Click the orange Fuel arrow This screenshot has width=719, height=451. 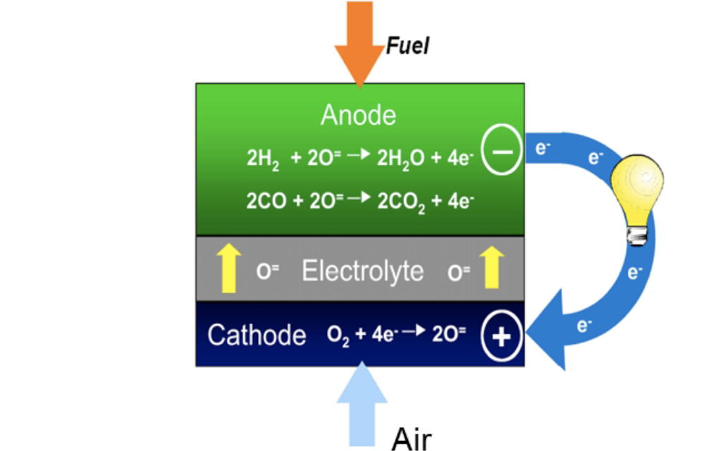point(359,42)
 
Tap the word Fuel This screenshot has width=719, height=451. point(407,47)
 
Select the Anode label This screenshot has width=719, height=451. point(358,115)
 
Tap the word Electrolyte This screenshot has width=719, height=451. point(362,271)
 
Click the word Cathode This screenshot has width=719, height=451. point(257,335)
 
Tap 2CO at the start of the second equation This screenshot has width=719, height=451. point(266,202)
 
